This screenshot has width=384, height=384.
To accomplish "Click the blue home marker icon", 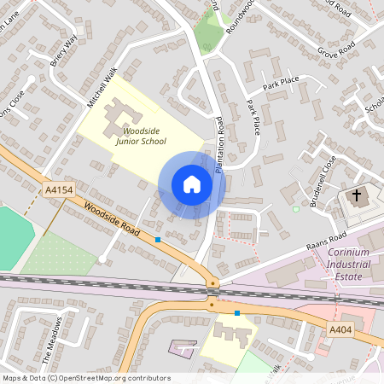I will (192, 184).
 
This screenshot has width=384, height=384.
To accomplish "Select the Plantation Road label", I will (219, 144).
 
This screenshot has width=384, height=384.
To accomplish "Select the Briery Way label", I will (66, 51).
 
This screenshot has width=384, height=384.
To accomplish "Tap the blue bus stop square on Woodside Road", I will (158, 240).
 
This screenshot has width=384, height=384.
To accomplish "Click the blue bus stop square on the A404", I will (236, 313).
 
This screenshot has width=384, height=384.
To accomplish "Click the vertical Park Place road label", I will (253, 118).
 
